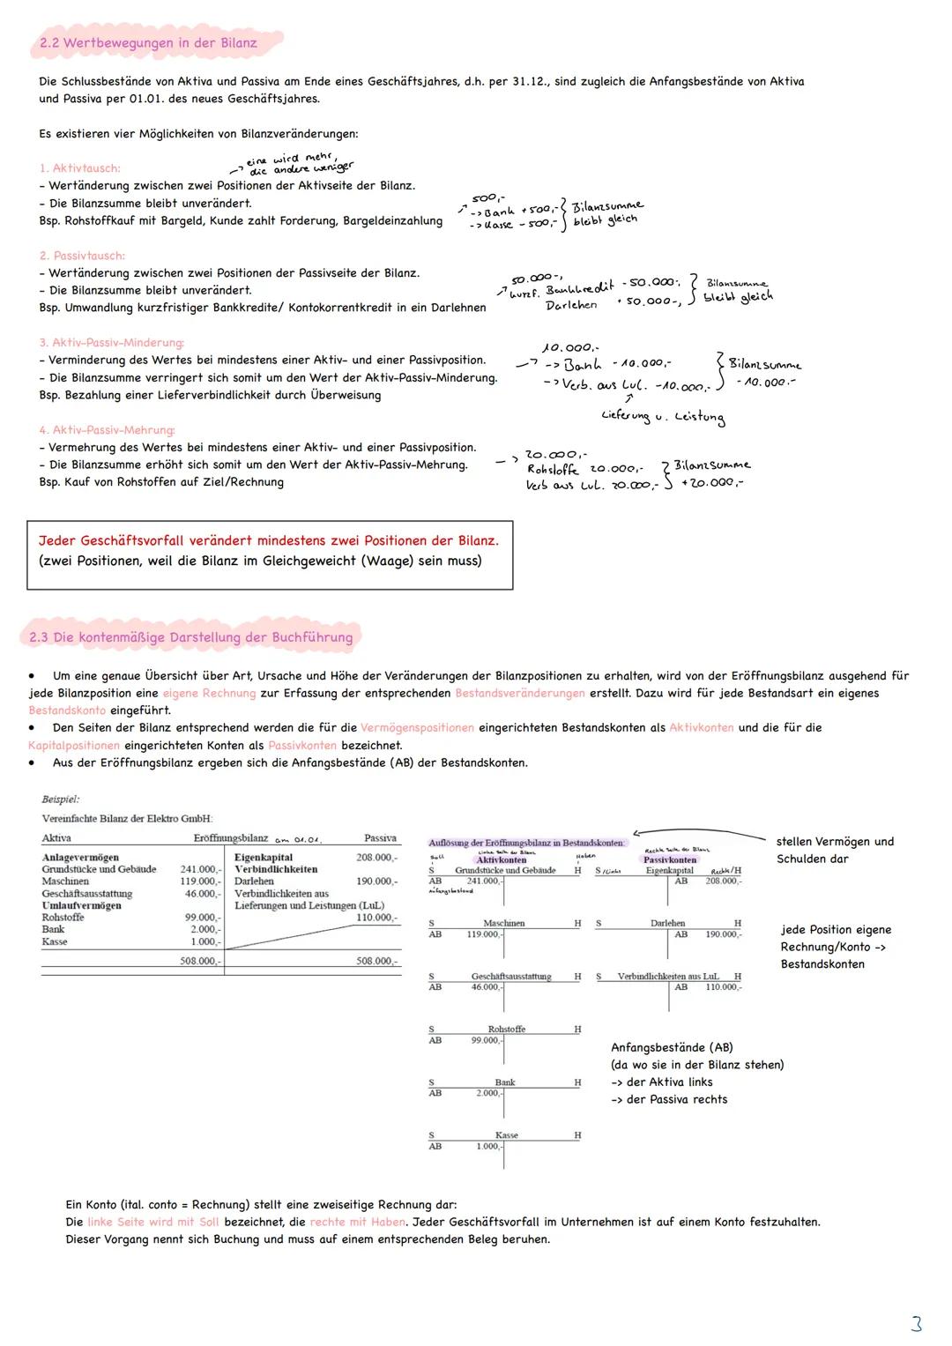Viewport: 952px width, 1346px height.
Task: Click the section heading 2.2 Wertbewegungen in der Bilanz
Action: tap(148, 43)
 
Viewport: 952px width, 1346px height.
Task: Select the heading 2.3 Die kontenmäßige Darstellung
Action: tap(190, 637)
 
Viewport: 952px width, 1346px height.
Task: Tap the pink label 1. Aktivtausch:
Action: tap(79, 168)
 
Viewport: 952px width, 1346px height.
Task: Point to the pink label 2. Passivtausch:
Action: tap(82, 256)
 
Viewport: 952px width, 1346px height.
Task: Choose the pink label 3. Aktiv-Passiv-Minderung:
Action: tap(111, 343)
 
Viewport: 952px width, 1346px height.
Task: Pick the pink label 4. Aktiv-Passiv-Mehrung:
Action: tap(107, 430)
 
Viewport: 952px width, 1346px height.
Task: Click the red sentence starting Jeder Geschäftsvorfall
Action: tap(268, 540)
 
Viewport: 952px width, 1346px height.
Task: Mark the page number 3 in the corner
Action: tap(916, 1323)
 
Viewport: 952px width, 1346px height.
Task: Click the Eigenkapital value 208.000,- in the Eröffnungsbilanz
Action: tap(376, 858)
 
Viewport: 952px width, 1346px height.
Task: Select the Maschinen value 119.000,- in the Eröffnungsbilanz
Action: tap(200, 881)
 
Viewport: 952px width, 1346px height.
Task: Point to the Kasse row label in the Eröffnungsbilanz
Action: tap(55, 941)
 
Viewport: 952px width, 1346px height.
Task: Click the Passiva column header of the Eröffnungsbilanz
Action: tap(380, 838)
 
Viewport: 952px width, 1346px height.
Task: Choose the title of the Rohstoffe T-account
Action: tap(506, 1030)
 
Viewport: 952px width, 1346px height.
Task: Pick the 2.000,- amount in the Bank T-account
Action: tap(487, 1093)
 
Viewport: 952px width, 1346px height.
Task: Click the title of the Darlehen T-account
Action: tap(667, 924)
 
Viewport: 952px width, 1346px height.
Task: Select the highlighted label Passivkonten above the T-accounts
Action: tap(670, 859)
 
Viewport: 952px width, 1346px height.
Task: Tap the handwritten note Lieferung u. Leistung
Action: tap(662, 416)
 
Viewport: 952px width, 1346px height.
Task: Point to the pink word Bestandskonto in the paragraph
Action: tap(67, 710)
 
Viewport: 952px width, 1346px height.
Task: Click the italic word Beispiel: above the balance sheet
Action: tap(60, 799)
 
